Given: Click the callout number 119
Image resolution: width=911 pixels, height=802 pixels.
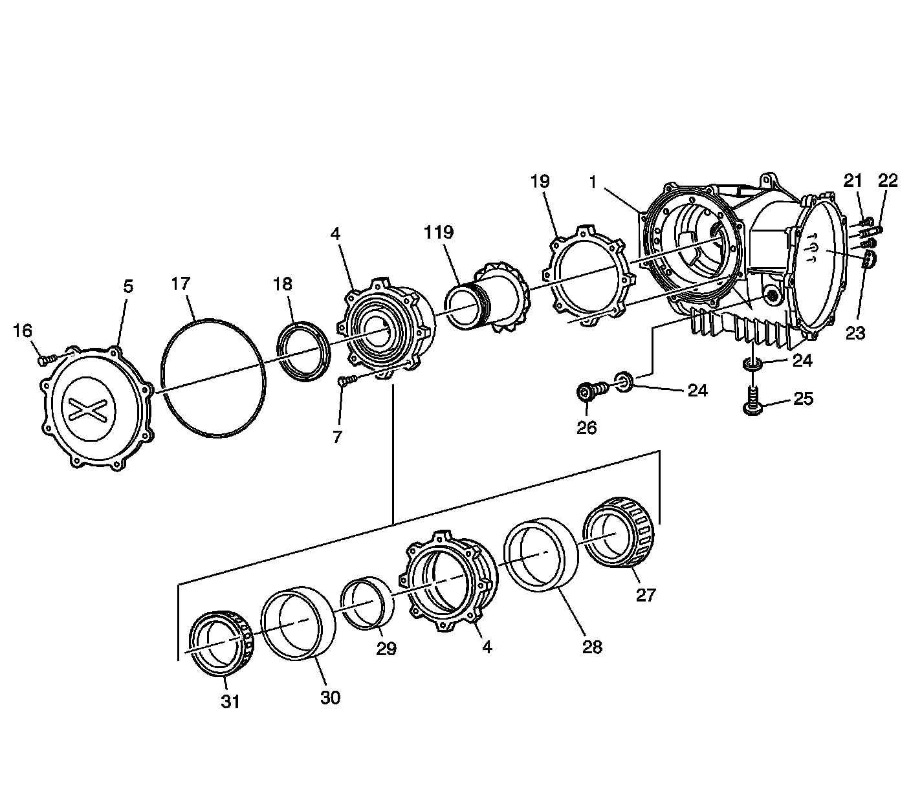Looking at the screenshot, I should (439, 232).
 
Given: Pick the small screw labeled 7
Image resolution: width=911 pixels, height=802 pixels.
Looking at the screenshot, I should (345, 382).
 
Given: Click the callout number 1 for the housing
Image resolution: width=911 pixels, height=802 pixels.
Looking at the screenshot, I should (591, 183).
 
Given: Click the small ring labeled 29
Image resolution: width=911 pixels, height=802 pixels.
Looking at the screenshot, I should (367, 603).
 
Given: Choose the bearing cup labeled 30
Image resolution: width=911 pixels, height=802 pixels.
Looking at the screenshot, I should (298, 624).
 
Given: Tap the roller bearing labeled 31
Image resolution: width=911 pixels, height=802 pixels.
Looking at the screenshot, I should (219, 642).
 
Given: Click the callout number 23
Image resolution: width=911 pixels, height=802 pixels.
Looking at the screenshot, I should (855, 333).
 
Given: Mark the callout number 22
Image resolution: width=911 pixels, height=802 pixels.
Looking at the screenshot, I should (888, 181).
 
